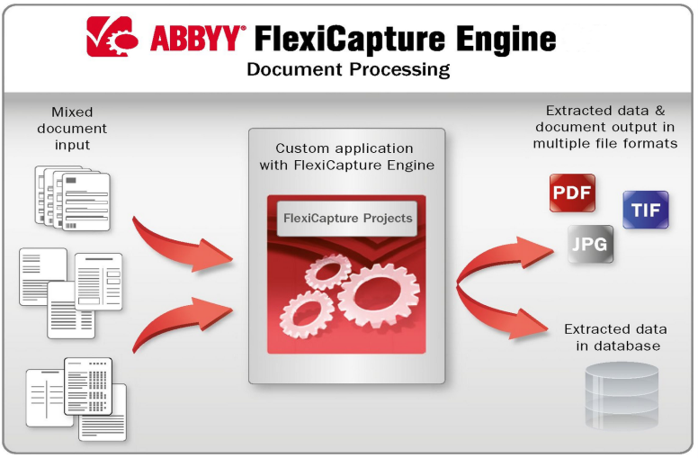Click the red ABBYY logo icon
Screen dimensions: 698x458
(x=112, y=37)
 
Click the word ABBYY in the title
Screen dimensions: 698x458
(x=196, y=39)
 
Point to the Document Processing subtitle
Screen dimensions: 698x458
(x=348, y=70)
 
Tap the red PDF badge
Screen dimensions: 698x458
(x=572, y=193)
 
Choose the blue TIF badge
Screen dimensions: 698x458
(x=646, y=210)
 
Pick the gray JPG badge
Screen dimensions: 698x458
(x=590, y=244)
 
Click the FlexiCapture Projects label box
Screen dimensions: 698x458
(x=347, y=219)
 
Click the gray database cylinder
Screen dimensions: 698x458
(x=622, y=395)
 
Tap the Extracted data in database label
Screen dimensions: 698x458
(x=616, y=337)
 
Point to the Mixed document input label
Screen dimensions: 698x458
(x=72, y=129)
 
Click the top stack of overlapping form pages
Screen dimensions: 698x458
(x=73, y=198)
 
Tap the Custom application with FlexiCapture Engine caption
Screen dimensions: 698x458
(x=347, y=157)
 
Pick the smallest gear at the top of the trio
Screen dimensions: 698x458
(x=328, y=271)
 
